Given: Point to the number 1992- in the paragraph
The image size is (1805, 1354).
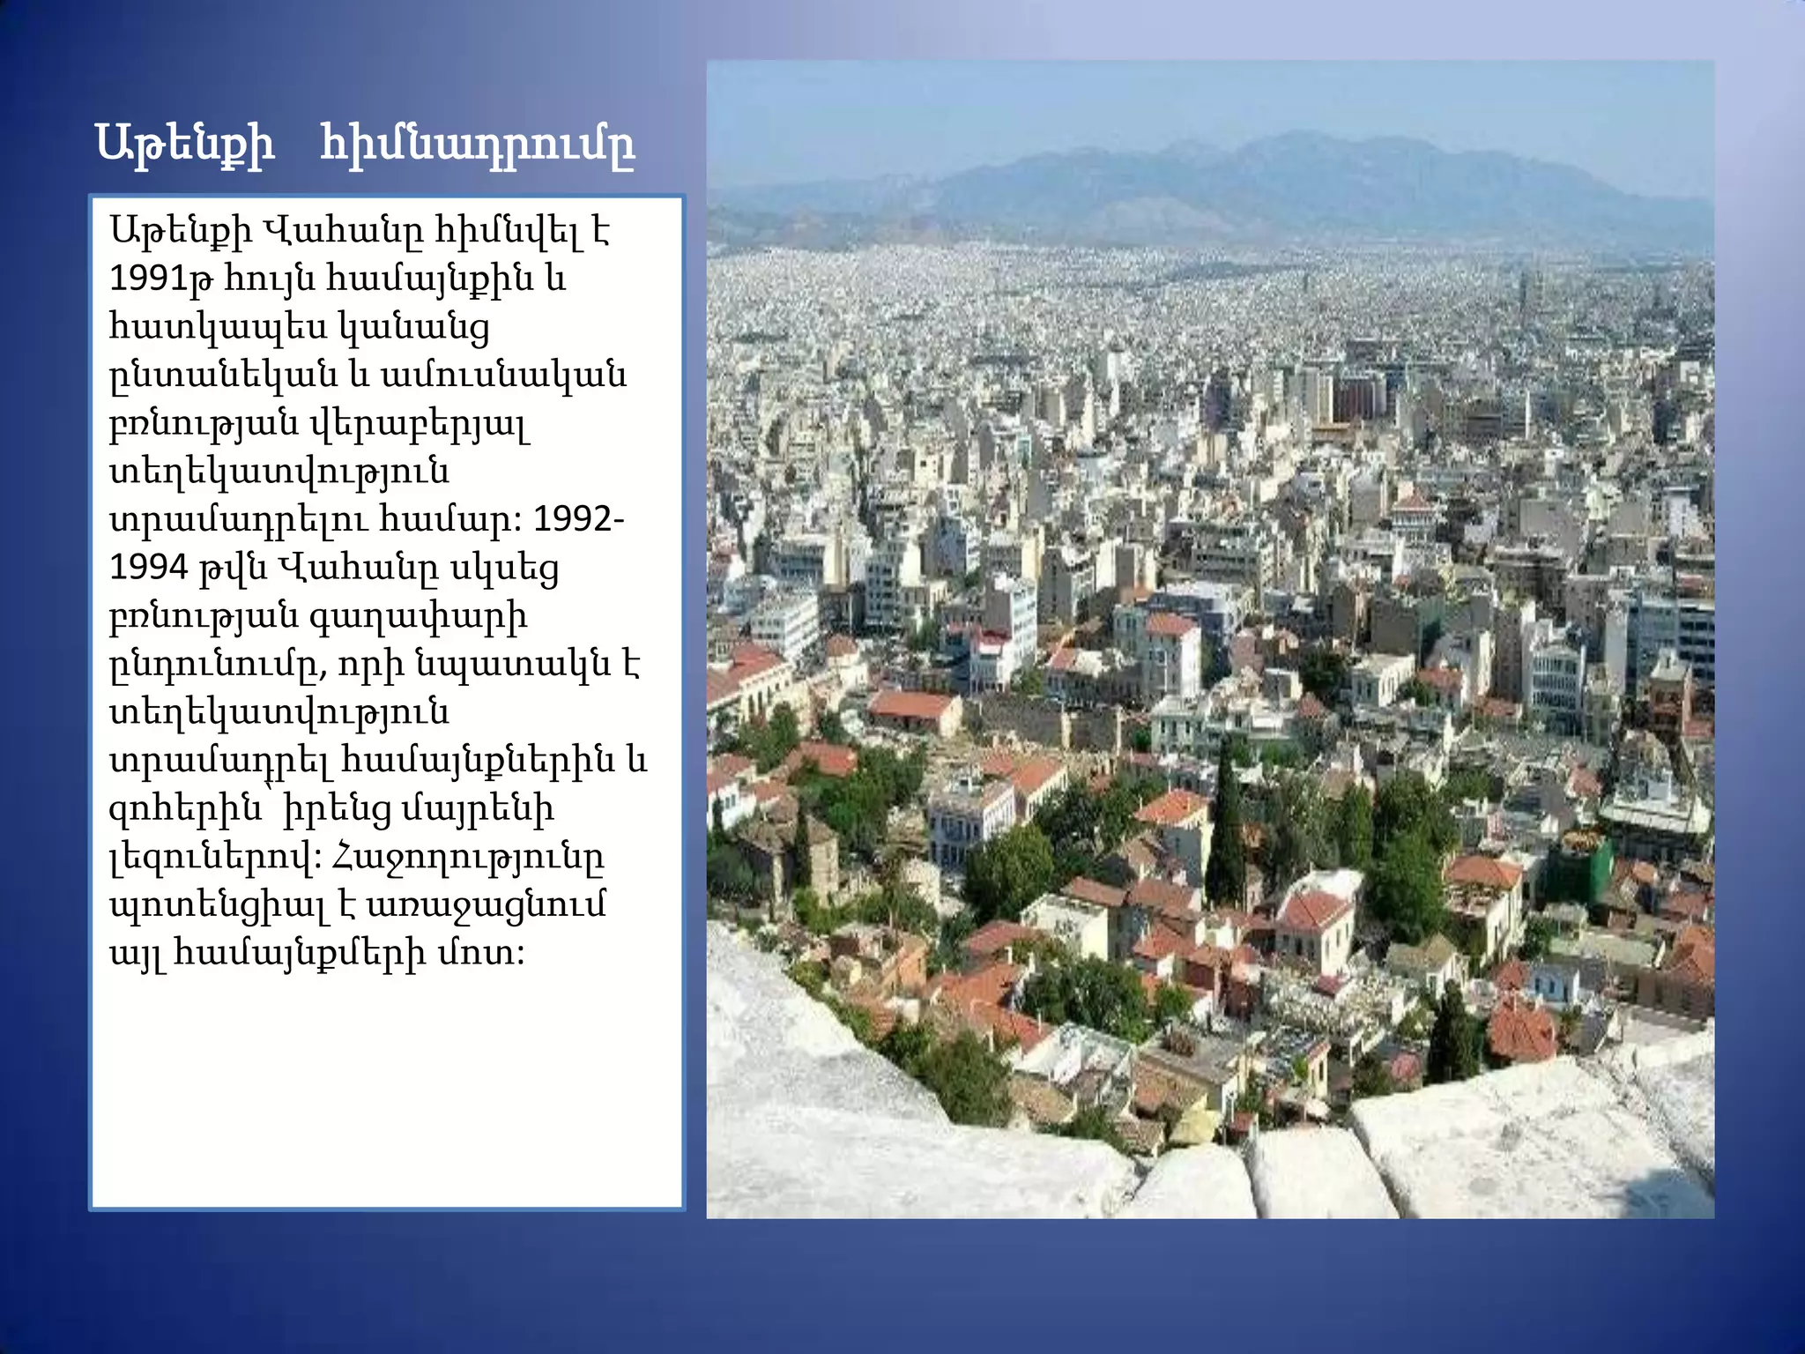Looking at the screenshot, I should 578,519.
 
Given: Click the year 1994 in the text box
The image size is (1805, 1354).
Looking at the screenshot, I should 149,568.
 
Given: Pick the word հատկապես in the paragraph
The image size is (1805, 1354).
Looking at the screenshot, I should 211,328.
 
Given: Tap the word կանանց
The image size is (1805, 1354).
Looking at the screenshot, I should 415,328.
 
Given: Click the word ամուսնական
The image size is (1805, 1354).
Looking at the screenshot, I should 503,376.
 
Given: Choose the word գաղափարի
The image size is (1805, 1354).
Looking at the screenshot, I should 419,616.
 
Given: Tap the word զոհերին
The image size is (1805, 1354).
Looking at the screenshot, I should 185,808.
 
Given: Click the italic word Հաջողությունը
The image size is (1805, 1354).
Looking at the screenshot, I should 467,857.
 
